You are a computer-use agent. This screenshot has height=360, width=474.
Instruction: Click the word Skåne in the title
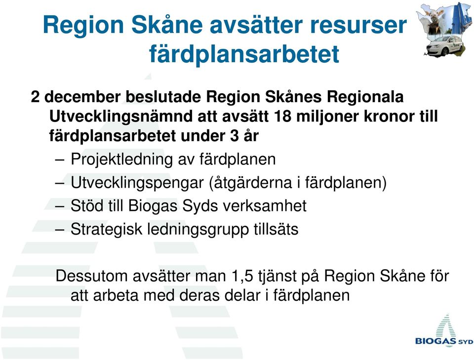point(167,24)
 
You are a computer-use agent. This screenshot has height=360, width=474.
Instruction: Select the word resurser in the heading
point(358,25)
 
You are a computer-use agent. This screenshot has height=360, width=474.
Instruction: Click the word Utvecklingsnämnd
point(121,117)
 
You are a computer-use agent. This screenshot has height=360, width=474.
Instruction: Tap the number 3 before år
point(234,136)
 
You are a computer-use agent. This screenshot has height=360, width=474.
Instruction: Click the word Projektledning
point(121,160)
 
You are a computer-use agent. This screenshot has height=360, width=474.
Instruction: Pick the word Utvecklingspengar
point(137,183)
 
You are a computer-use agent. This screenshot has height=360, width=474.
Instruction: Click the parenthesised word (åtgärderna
point(250,183)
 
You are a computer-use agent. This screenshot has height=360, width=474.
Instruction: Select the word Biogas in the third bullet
point(153,206)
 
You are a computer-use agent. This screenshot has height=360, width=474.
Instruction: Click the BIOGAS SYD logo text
point(444,341)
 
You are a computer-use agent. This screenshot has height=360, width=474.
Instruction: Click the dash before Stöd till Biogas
point(60,206)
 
